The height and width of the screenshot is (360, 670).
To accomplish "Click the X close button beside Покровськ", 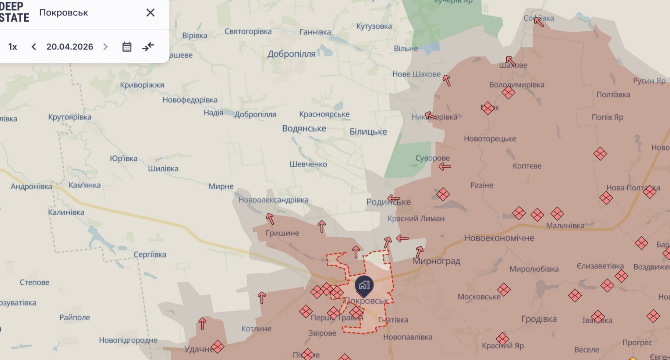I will [150, 13].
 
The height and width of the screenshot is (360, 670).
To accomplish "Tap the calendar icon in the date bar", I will [127, 47].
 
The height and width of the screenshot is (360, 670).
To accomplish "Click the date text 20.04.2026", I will [70, 47].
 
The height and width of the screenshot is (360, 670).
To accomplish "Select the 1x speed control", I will [13, 47].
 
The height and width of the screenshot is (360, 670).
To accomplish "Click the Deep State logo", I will [14, 12].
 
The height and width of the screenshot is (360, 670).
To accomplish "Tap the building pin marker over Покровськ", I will [364, 285].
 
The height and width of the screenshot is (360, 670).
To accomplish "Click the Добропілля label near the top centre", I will [291, 54].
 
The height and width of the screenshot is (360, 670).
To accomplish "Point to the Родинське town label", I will [388, 202].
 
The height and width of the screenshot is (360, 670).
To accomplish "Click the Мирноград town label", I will [436, 261].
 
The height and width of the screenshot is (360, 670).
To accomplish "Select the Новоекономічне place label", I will [499, 238].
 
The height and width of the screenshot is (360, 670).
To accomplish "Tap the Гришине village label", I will [282, 233].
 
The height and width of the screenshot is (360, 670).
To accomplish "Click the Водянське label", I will [304, 128].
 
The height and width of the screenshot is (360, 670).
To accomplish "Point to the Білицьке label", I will [368, 132].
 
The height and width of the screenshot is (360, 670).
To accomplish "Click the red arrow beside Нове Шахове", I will [446, 80].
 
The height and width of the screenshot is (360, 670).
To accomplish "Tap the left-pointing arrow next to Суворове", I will [444, 167].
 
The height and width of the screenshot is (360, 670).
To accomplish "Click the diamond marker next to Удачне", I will [217, 346].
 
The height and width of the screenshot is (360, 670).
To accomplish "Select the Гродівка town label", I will [539, 319].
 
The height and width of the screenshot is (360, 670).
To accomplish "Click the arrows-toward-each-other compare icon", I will [148, 47].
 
